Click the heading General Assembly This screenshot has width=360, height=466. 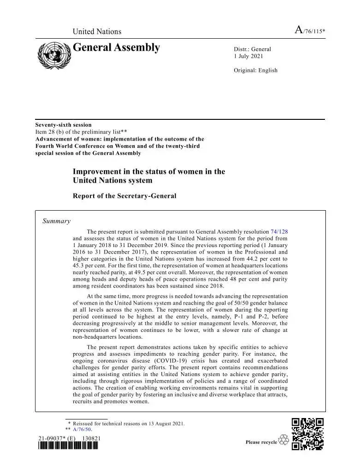[116, 47]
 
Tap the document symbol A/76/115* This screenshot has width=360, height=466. [310, 31]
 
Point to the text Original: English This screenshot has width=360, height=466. [256, 71]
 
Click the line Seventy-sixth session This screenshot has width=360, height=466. [64, 125]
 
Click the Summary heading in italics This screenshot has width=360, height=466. [56, 221]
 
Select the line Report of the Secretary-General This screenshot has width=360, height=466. [124, 196]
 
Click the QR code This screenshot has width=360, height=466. [308, 434]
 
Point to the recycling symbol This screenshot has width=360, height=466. [283, 441]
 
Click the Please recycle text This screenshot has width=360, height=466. [261, 442]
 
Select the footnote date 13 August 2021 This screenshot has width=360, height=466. [164, 423]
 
